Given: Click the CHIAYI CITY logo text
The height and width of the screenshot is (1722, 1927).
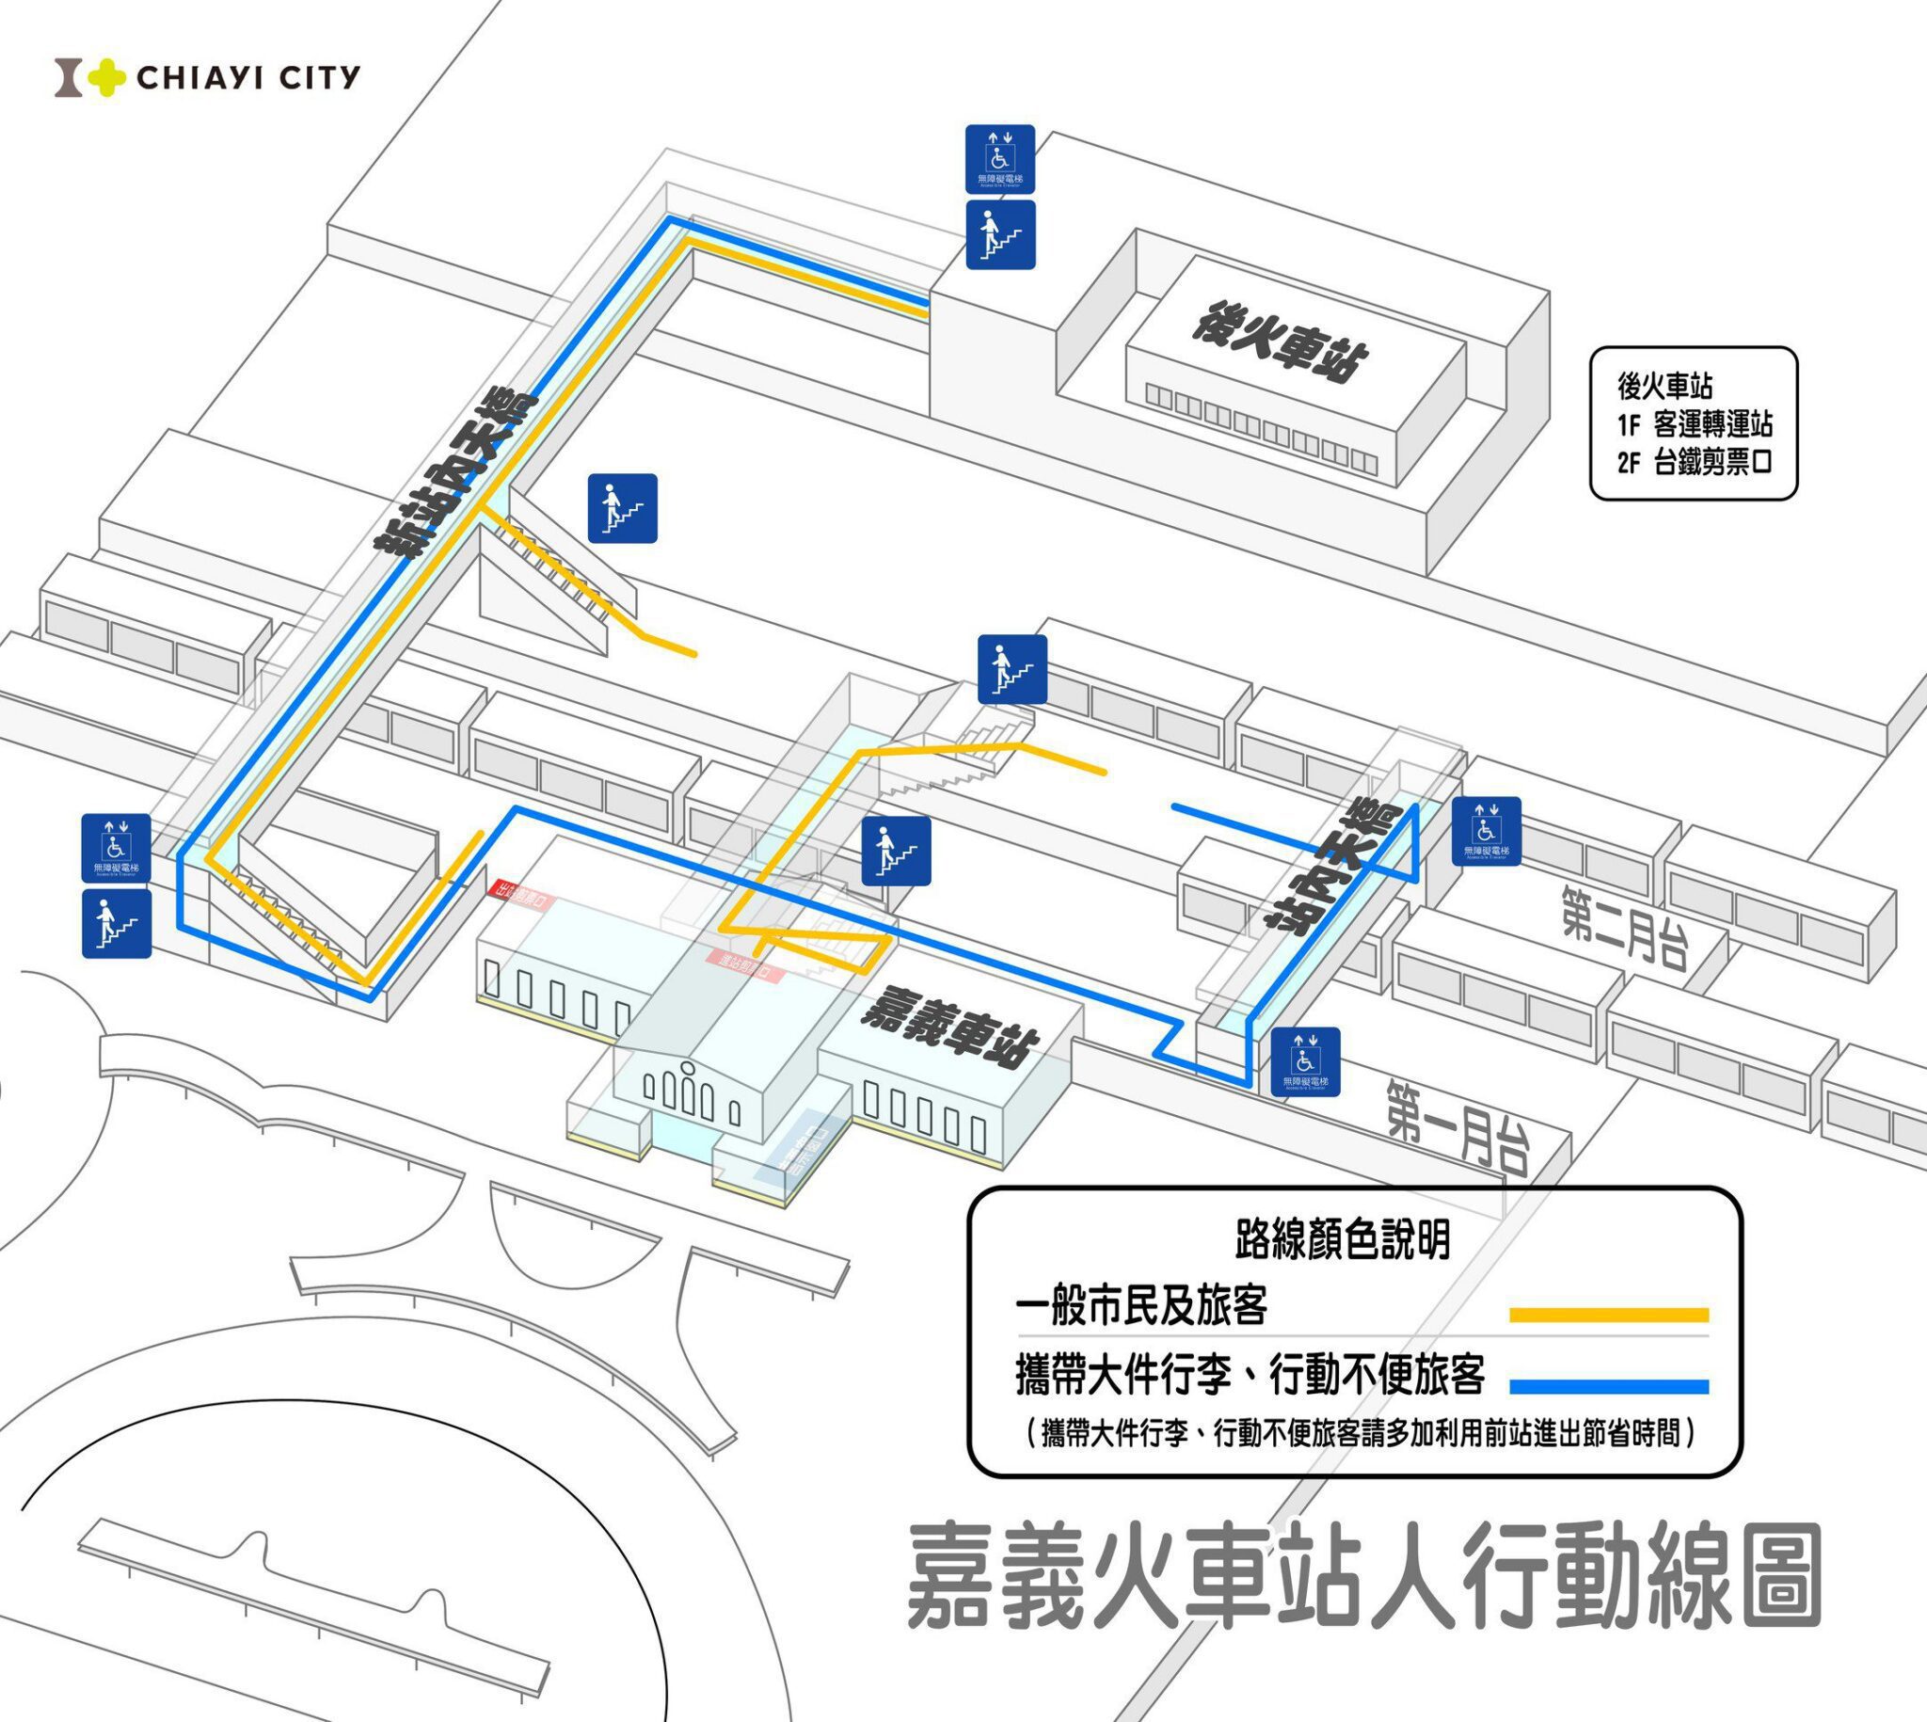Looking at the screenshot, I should [x=247, y=76].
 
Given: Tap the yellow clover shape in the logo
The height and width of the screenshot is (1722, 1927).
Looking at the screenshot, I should [x=107, y=77].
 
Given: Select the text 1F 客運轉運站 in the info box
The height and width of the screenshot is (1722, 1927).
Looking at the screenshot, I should [x=1695, y=423].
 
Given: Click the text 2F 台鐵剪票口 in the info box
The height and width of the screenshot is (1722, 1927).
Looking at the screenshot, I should [x=1695, y=463].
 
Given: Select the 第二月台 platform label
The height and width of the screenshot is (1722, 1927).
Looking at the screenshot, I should [x=1623, y=927].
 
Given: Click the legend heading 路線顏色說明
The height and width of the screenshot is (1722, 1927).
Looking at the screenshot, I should [x=1343, y=1238].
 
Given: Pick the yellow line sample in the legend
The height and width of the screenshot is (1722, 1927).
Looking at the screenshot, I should [x=1608, y=1315].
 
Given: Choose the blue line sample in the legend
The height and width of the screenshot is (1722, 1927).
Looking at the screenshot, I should [x=1608, y=1387].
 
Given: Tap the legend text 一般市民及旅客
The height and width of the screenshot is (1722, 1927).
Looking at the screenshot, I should [x=1141, y=1307].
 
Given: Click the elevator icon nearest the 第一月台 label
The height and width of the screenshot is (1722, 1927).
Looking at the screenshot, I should [x=1305, y=1061].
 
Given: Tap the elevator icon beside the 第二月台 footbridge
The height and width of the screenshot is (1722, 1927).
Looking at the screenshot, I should [x=1486, y=832].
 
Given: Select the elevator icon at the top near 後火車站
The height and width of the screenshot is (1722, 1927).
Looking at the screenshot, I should [x=1000, y=159].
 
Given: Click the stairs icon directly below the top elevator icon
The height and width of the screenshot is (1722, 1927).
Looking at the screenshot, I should [x=1000, y=233].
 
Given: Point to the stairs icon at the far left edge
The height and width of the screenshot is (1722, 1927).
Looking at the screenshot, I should [x=117, y=923].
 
